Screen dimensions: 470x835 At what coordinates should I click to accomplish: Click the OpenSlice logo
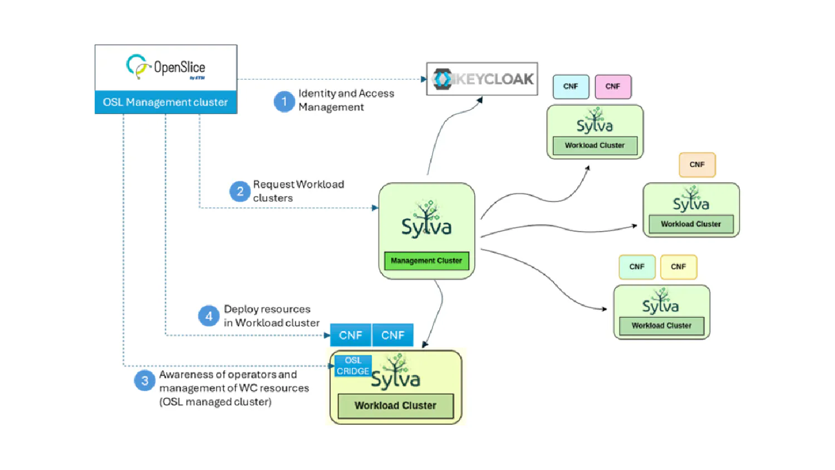point(165,68)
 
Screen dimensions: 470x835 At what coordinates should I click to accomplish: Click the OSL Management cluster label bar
point(165,102)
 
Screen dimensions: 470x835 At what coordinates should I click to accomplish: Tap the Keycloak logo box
point(482,79)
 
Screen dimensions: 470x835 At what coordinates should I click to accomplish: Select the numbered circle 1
point(284,101)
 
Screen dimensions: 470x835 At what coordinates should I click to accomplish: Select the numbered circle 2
point(240,192)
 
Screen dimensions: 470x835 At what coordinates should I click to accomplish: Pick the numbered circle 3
point(144,381)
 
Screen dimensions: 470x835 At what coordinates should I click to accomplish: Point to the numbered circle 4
point(208,316)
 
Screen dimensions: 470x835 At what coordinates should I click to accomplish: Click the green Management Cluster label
point(426,261)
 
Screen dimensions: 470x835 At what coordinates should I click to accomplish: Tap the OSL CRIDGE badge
point(353,366)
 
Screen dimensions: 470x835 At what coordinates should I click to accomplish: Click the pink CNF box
point(613,86)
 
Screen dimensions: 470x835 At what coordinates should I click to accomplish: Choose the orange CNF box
point(697,165)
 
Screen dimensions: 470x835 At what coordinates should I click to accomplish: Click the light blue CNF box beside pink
point(571,86)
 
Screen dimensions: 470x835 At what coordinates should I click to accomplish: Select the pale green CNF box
point(637,267)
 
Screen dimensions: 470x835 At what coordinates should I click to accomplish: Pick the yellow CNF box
point(678,267)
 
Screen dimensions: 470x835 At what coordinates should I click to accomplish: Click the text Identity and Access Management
point(346,100)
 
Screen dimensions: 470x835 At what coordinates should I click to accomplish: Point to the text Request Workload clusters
point(298,191)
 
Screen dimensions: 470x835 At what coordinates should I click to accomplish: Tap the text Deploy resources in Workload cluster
point(272,316)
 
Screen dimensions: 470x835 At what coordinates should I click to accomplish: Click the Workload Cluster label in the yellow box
point(395,405)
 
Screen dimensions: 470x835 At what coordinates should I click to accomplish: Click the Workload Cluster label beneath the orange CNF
point(691,224)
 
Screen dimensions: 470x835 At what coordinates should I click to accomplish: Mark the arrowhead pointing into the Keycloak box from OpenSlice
point(424,79)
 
